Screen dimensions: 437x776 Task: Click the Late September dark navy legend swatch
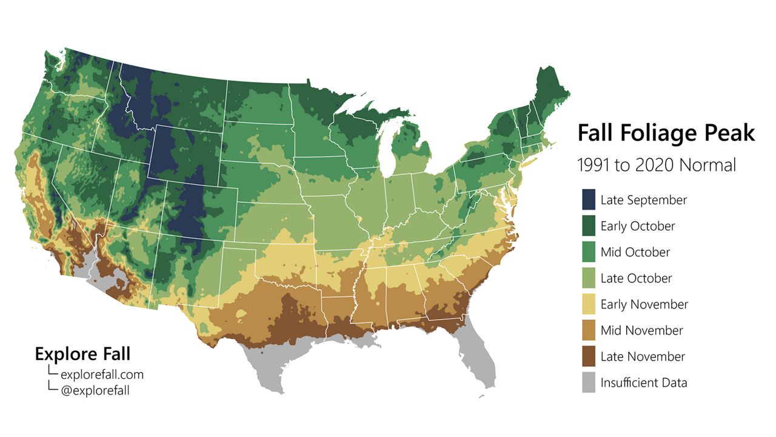[589, 200]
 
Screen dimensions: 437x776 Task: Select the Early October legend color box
[589, 226]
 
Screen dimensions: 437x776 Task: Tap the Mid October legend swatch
[589, 252]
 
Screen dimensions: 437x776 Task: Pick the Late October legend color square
[589, 278]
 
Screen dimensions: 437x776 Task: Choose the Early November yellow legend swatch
[589, 304]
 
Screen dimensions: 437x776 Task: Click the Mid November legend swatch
[589, 330]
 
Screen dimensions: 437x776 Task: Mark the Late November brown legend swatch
[589, 356]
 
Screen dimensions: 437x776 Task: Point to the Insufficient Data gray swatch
[589, 382]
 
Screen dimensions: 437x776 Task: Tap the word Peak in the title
[733, 133]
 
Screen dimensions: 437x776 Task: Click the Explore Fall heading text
[82, 354]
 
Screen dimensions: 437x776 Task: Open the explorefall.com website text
[102, 375]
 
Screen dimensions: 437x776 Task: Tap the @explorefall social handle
[95, 390]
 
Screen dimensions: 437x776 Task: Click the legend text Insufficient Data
[644, 383]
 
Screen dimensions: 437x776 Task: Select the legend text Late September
[644, 200]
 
